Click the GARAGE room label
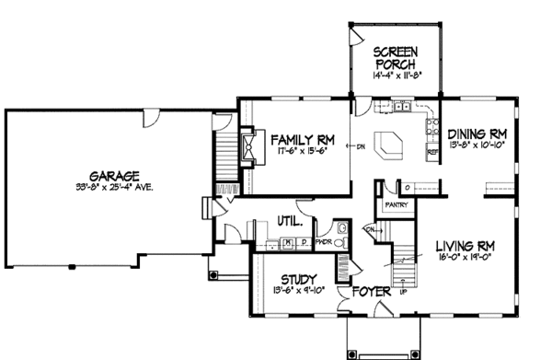pos(114,174)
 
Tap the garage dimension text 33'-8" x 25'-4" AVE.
pos(114,188)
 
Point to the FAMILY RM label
pos(302,140)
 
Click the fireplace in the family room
pos(249,146)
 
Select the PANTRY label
pos(397,206)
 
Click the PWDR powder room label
pos(323,242)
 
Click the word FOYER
pos(357,295)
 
